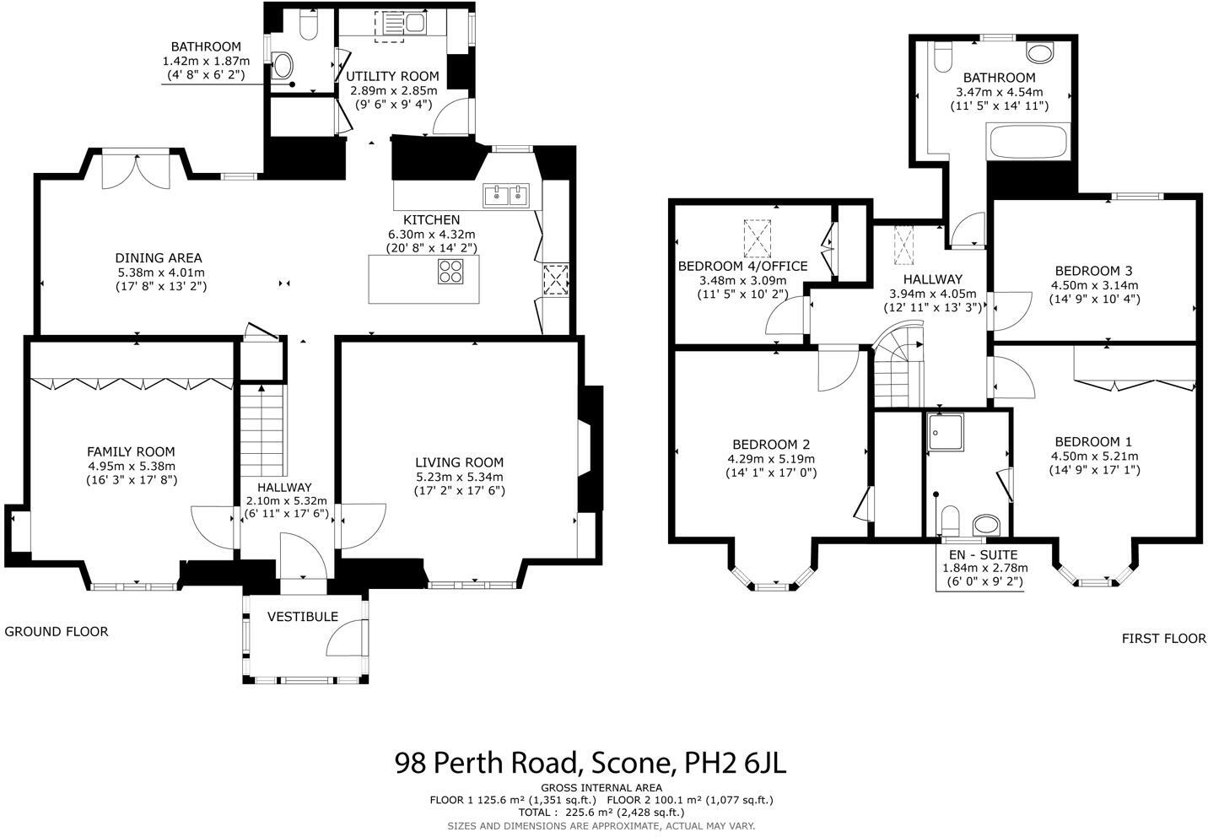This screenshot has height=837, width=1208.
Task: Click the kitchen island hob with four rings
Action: pyautogui.click(x=451, y=271)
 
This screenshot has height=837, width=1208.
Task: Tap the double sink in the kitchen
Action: pyautogui.click(x=505, y=196)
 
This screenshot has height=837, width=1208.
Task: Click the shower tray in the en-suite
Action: pyautogui.click(x=946, y=431)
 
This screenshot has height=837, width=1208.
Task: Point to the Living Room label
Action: pyautogui.click(x=459, y=462)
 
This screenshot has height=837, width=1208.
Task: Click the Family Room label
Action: pyautogui.click(x=131, y=452)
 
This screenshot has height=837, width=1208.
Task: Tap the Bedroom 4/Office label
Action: pyautogui.click(x=742, y=267)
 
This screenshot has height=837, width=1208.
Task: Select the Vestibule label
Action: pyautogui.click(x=303, y=617)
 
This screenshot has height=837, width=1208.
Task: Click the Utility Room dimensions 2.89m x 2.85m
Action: pyautogui.click(x=394, y=90)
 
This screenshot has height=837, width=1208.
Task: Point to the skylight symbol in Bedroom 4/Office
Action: pyautogui.click(x=758, y=239)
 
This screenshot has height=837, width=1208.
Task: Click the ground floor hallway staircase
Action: pyautogui.click(x=262, y=431)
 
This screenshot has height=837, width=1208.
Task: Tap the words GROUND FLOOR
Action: pyautogui.click(x=57, y=631)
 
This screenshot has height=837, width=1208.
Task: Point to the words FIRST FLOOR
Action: pyautogui.click(x=1163, y=639)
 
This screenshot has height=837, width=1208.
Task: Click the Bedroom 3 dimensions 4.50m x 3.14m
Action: pyautogui.click(x=1093, y=285)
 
